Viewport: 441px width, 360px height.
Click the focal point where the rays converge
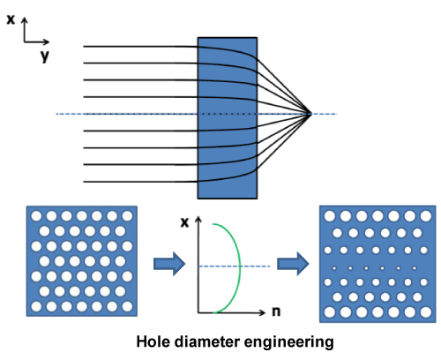coord(310,114)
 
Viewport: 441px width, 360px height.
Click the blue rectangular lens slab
coord(228,118)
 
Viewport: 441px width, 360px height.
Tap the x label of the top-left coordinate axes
coord(11,19)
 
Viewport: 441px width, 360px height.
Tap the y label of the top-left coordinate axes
coord(45,56)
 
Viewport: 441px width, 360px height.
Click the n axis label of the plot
coord(276,311)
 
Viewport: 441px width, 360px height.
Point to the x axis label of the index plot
coord(184,222)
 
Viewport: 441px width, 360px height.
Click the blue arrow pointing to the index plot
coord(169,264)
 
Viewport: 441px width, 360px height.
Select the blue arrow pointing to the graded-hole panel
coord(293,264)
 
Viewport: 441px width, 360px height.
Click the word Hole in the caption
coord(153,342)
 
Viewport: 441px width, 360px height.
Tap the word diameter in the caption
coord(206,342)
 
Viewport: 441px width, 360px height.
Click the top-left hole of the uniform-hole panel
coord(36,216)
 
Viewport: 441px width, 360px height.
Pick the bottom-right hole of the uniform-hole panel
coord(127,306)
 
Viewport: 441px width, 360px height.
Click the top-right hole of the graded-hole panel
coord(426,216)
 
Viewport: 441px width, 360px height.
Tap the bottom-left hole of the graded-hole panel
coord(330,312)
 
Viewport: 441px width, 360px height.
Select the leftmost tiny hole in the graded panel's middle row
coord(334,268)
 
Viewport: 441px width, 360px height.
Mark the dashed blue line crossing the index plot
coord(235,266)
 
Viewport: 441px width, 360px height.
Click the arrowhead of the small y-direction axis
coord(47,41)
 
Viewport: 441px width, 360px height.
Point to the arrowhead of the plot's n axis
coord(263,312)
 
